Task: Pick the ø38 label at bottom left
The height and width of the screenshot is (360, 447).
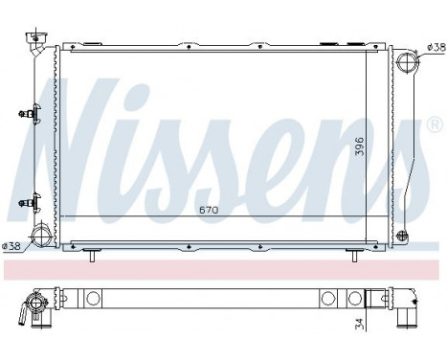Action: click(12, 246)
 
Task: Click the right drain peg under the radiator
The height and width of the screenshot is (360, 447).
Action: click(353, 256)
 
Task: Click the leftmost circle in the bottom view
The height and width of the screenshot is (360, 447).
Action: click(94, 299)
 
